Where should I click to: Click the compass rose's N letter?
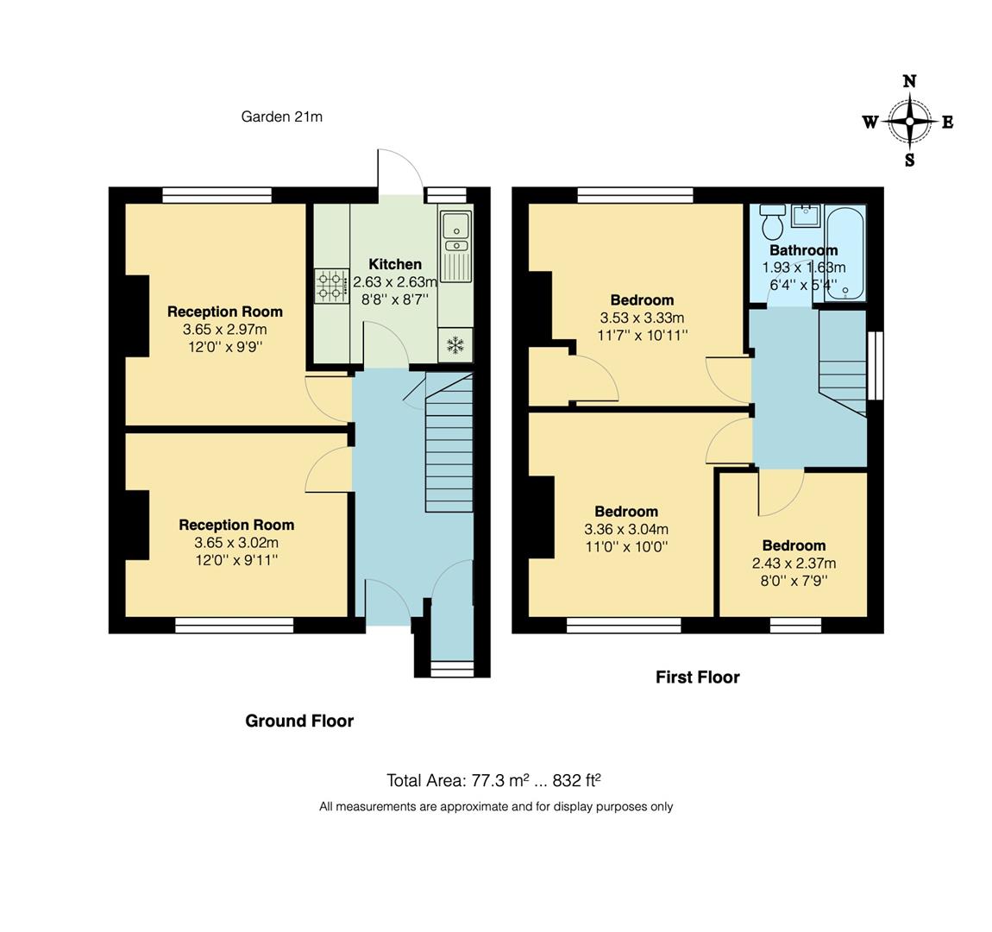point(909,82)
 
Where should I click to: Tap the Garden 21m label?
point(281,116)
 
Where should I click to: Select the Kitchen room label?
point(395,264)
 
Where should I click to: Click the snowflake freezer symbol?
point(455,346)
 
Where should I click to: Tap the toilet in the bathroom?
point(771,223)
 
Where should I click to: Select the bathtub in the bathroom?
point(844,252)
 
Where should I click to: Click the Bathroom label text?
point(803,250)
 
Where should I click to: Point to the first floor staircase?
point(842,362)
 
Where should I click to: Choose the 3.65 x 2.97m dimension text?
point(224,330)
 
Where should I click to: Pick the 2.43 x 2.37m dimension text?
point(794,564)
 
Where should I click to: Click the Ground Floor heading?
point(299,721)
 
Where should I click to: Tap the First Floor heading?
point(697,677)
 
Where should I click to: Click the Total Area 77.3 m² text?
point(493,781)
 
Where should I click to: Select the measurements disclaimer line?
point(496,807)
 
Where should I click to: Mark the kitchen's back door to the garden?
point(399,173)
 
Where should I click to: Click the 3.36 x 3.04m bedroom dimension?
point(625,530)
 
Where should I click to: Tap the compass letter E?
point(947,123)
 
